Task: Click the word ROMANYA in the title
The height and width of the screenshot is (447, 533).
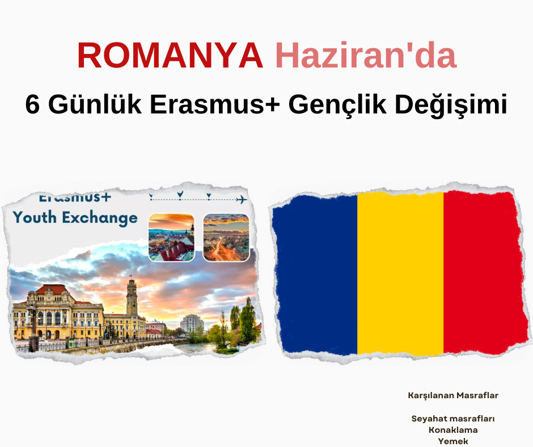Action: coord(170,55)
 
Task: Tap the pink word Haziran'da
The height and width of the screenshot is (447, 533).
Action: coord(366,55)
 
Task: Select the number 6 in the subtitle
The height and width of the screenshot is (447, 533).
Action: coord(33,104)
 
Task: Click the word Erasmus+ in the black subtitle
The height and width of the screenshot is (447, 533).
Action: coord(215,104)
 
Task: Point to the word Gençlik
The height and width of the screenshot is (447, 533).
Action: coord(337,105)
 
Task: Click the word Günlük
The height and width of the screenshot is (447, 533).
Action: coord(95,104)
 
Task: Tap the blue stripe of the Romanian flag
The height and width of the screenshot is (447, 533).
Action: coord(315,274)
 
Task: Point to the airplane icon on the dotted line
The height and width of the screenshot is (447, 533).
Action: coord(242,199)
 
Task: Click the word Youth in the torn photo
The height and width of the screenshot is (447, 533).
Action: coord(35,217)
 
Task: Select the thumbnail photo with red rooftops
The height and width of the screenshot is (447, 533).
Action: coord(172,238)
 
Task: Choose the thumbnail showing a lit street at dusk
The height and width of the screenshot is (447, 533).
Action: coord(226,238)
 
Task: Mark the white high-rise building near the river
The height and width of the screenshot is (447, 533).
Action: coord(192,323)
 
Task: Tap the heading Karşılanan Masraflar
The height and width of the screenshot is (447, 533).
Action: coord(453,395)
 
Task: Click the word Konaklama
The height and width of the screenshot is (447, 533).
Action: coord(453,430)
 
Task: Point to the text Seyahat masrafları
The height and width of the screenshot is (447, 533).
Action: coord(453,419)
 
